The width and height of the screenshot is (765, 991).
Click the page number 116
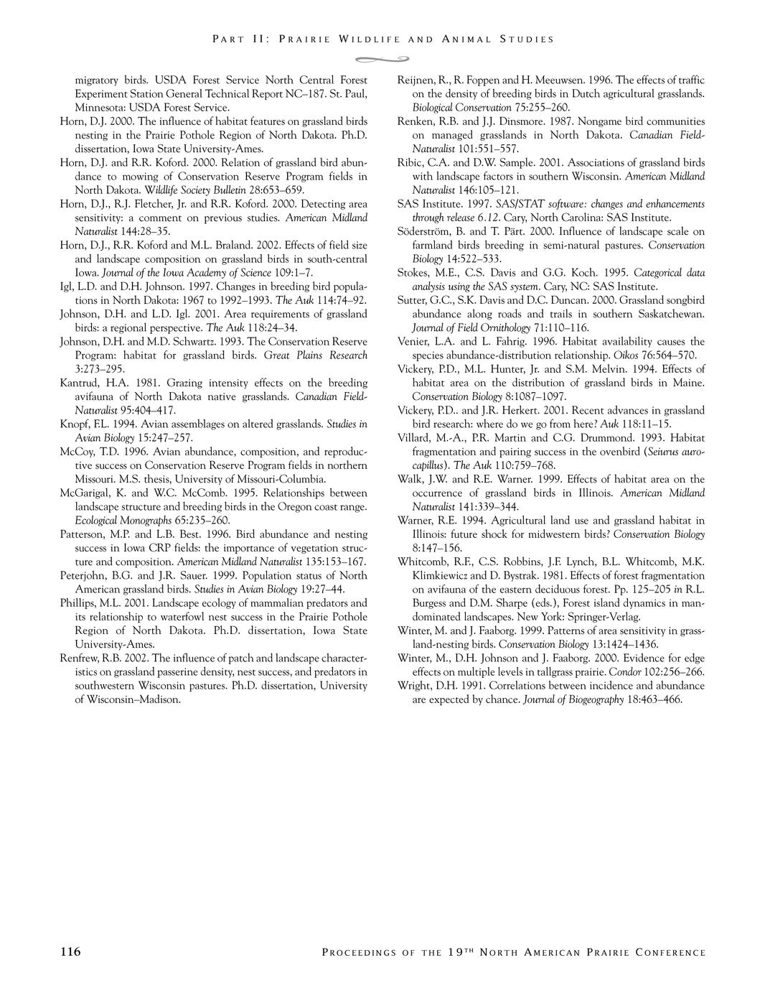point(70,952)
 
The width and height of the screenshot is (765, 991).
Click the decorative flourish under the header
point(382,58)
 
